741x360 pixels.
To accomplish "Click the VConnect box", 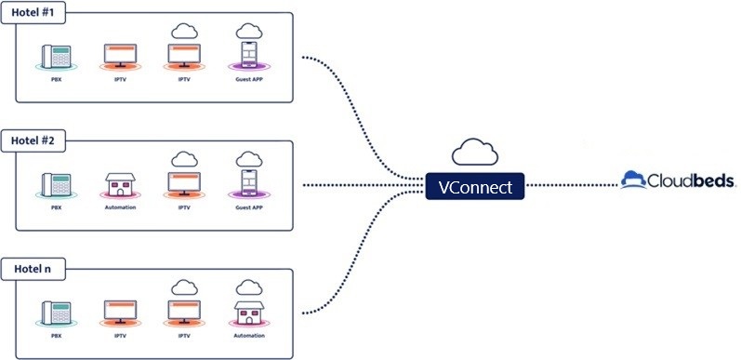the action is [475, 186].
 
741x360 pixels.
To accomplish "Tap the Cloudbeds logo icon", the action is [633, 180].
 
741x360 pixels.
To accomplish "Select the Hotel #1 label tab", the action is [33, 13].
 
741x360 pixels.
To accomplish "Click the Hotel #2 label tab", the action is [33, 141].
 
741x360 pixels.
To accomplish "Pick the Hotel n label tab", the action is [33, 269].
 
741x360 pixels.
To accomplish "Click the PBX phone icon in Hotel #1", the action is [56, 57].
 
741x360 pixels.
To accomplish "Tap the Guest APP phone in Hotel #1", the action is [249, 55].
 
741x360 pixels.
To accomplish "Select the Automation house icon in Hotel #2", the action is [120, 184].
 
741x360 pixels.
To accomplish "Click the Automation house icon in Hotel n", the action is [248, 313].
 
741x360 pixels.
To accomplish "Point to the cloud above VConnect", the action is [475, 152].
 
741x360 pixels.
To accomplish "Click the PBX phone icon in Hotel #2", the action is [56, 185].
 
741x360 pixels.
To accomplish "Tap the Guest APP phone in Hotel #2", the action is [249, 183].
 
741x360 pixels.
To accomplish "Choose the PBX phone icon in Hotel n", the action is [56, 313].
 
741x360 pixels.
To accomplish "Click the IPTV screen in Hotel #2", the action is [184, 183].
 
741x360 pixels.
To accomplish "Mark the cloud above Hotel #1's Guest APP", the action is [249, 32].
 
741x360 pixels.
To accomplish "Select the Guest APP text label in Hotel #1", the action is [249, 79].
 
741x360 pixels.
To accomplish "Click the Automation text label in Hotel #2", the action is [120, 207].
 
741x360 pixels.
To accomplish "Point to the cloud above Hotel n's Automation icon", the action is [249, 287].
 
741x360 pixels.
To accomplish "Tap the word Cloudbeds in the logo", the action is [692, 180].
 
